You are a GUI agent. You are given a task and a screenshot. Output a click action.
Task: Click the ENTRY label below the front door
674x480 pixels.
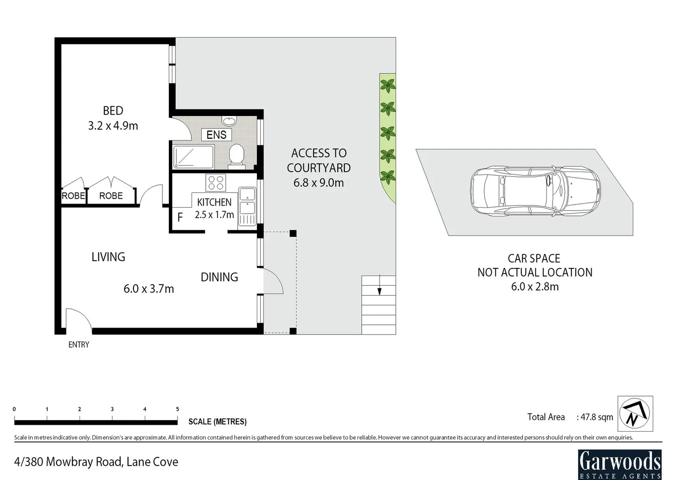click(x=79, y=344)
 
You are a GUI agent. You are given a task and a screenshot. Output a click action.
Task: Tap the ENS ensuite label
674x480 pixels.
click(x=216, y=135)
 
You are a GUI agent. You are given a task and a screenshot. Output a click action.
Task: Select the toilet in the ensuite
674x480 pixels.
click(x=236, y=156)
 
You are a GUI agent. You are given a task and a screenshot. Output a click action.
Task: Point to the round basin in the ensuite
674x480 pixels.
click(x=230, y=121)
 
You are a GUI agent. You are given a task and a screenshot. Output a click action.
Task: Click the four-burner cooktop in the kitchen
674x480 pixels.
click(x=216, y=183)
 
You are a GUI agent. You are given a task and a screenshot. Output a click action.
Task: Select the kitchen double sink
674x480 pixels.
click(x=247, y=201)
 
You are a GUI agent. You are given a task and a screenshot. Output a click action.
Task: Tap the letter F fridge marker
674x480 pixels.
click(x=180, y=217)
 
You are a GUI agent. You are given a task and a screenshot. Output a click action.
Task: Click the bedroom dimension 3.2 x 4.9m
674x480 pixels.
click(x=113, y=126)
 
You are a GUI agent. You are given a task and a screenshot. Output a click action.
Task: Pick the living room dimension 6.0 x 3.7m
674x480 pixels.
click(x=148, y=289)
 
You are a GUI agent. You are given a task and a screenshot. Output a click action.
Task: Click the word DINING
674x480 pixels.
click(x=219, y=277)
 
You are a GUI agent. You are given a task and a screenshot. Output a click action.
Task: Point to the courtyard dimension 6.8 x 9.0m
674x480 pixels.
click(x=319, y=183)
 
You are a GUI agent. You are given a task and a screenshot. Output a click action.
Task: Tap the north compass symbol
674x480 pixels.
click(x=635, y=413)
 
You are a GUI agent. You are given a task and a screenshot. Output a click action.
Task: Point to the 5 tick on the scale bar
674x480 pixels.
click(x=177, y=409)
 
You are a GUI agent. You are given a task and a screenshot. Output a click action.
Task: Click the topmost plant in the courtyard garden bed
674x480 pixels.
click(x=388, y=85)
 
